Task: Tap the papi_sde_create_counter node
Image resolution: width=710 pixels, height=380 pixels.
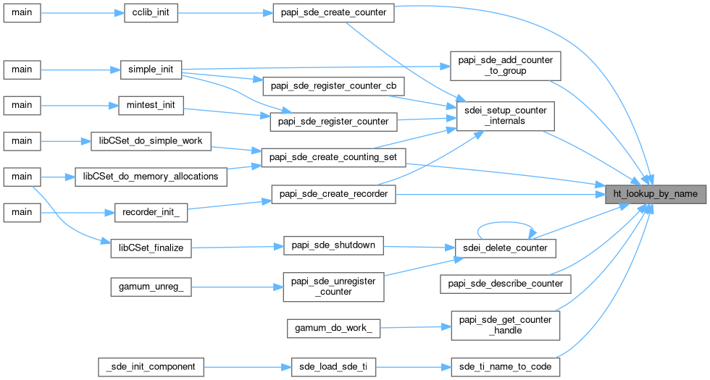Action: click(x=333, y=14)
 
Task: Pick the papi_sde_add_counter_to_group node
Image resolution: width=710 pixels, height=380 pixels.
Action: click(x=506, y=65)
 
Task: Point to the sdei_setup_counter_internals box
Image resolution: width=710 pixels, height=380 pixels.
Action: click(x=506, y=116)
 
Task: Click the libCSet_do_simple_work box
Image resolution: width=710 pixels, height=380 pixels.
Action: click(x=151, y=140)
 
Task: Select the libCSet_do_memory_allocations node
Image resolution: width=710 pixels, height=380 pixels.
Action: click(x=151, y=176)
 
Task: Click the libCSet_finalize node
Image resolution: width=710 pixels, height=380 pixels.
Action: click(x=151, y=248)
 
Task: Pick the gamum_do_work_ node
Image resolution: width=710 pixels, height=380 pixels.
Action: click(x=334, y=328)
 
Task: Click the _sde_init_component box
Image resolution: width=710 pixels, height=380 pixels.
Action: click(x=151, y=366)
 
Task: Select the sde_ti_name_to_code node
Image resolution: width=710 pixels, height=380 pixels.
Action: click(x=505, y=366)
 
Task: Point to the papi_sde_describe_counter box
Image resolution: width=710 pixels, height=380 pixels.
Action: click(x=506, y=283)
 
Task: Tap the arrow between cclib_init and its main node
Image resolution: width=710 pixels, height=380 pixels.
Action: click(x=77, y=14)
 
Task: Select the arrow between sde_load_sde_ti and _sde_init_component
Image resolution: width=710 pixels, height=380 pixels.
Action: click(x=246, y=366)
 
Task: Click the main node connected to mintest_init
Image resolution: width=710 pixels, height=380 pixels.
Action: click(x=22, y=105)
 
